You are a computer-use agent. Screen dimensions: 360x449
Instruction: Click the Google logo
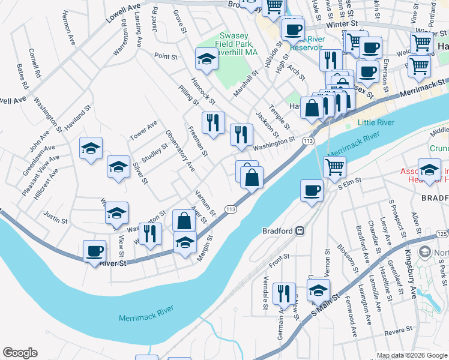tap(20, 353)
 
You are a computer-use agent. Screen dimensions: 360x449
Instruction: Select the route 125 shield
tap(442, 233)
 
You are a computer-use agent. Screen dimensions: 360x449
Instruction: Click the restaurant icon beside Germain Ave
tap(284, 293)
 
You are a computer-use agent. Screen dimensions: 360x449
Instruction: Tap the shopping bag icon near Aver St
tap(184, 220)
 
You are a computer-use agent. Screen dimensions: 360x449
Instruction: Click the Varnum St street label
tap(205, 203)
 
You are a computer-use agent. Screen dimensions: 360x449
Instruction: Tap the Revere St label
tap(398, 331)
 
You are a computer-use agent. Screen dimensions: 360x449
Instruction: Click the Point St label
tap(166, 57)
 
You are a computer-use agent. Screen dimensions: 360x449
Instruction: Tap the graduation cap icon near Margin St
tap(185, 242)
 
